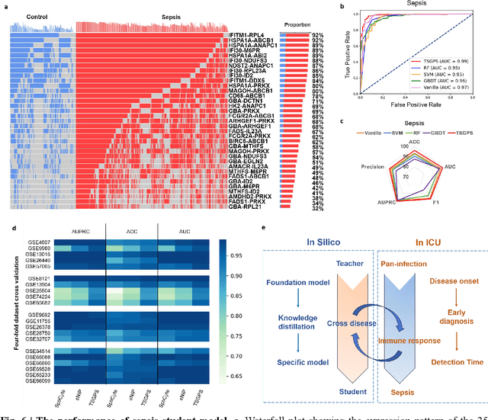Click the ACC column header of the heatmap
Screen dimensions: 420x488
[x=130, y=231]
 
